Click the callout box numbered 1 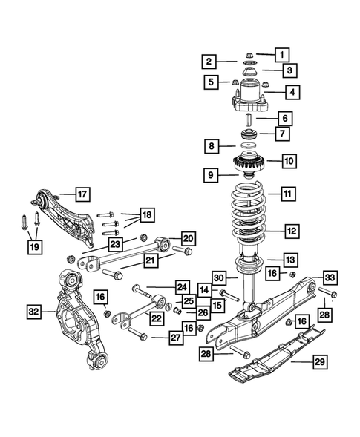281,53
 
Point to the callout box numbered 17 82,195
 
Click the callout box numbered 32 33,311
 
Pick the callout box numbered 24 181,286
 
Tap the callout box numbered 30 219,277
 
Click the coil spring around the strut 252,215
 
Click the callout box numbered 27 174,337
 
